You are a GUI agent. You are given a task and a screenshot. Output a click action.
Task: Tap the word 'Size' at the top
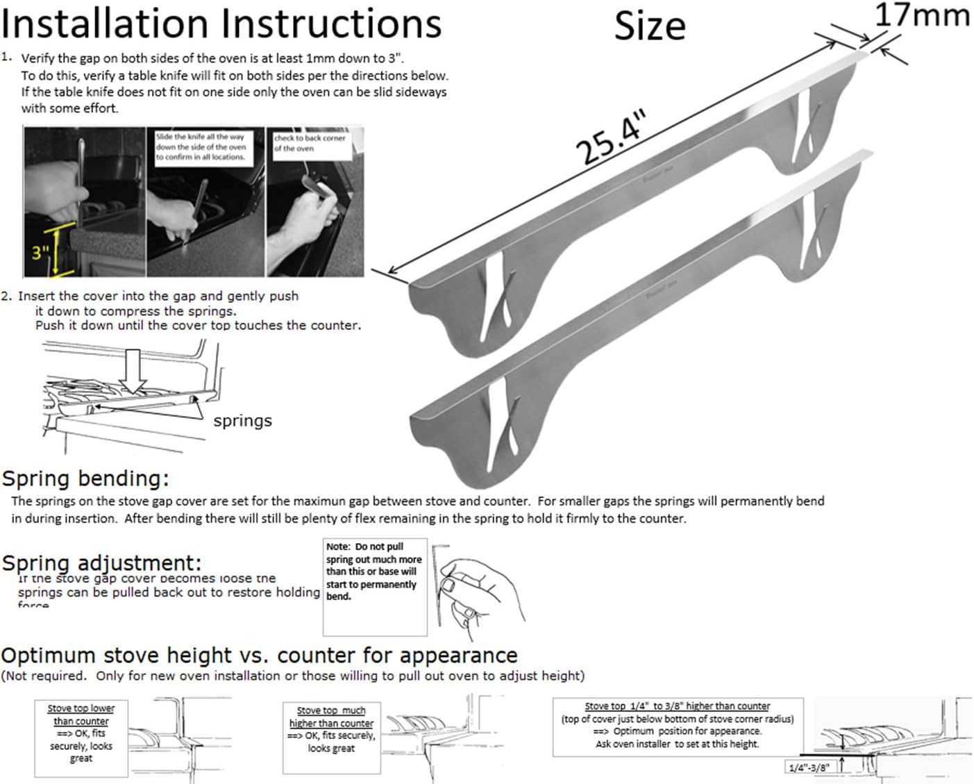[650, 27]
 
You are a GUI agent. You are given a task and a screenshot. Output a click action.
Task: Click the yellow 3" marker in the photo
[41, 252]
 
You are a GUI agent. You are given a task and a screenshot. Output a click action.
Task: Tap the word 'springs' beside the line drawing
[242, 421]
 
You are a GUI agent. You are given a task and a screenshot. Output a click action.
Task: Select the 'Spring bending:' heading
[85, 478]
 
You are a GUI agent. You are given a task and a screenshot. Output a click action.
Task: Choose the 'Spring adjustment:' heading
[101, 562]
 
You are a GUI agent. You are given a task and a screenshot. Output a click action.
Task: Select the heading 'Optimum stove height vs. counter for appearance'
[259, 656]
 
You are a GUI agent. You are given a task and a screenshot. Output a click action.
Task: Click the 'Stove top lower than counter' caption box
[81, 733]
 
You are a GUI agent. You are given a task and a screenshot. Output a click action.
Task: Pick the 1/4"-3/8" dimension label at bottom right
[808, 767]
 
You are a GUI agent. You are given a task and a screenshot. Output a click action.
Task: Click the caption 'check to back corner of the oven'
[309, 143]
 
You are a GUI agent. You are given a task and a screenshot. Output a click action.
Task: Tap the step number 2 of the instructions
[6, 296]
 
